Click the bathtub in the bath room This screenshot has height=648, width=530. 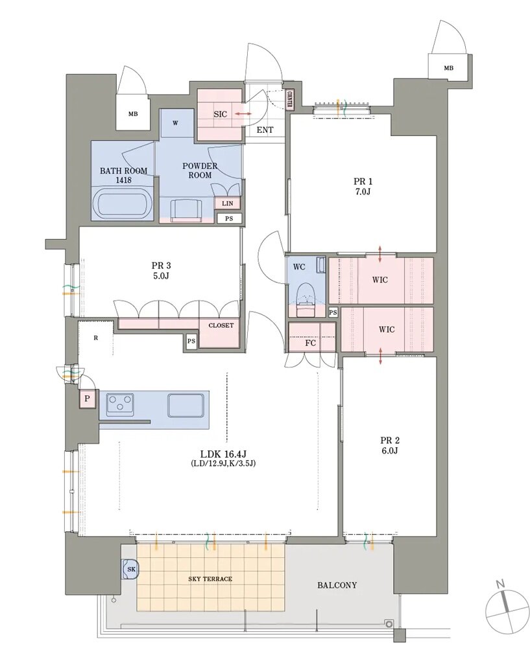tap(122, 203)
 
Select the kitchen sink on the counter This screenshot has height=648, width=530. tap(186, 404)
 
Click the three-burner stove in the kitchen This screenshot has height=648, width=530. tap(120, 404)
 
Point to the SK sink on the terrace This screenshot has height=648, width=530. tap(132, 570)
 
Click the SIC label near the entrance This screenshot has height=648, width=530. tap(220, 114)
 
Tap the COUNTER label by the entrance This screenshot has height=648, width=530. tap(289, 99)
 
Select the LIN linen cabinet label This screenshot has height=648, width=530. tap(227, 203)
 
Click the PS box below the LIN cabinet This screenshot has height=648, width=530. tap(229, 218)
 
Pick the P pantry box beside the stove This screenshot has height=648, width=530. tap(87, 399)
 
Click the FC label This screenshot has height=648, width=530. tap(310, 343)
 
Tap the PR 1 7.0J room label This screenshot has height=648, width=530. tap(363, 187)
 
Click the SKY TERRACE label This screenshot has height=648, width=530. tap(210, 579)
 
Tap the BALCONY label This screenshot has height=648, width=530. tap(337, 585)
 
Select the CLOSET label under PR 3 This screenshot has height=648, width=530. tap(221, 325)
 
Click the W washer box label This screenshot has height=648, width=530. tap(175, 123)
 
